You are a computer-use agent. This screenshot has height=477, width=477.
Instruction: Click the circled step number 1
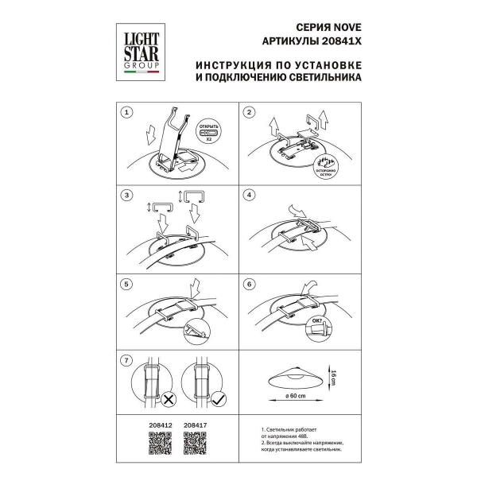pyautogui.click(x=125, y=113)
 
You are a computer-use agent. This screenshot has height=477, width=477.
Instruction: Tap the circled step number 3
pyautogui.click(x=125, y=195)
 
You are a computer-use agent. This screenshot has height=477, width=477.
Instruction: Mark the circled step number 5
pyautogui.click(x=125, y=284)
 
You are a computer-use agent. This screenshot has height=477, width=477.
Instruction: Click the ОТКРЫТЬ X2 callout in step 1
pyautogui.click(x=209, y=131)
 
